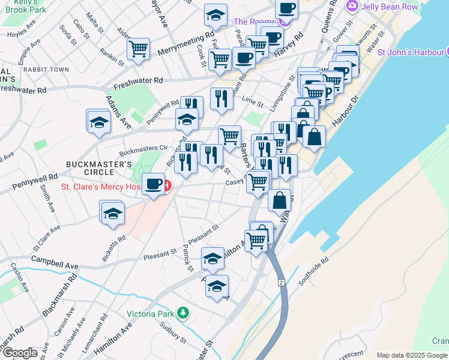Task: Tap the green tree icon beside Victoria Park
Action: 185,313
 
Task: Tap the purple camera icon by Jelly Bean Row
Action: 352,7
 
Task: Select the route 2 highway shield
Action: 280,282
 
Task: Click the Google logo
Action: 20,352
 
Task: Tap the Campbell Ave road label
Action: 55,264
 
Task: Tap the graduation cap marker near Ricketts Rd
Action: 113,213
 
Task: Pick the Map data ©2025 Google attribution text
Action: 412,355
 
